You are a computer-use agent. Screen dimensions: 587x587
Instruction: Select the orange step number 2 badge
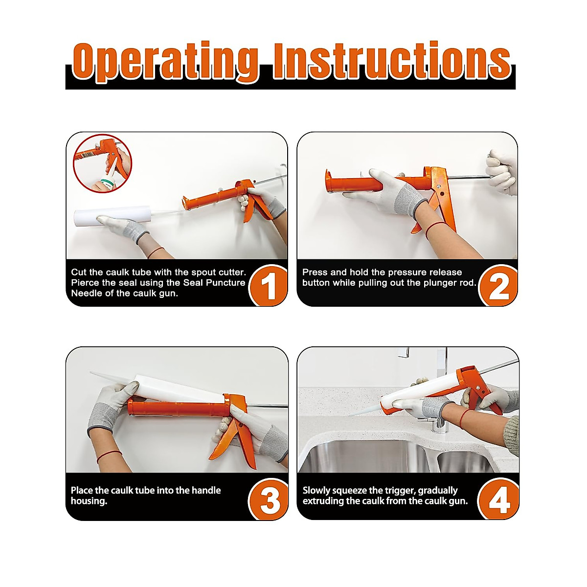[498, 285]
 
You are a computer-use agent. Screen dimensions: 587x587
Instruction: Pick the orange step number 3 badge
[269, 500]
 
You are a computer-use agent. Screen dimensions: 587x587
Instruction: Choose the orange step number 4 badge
[499, 500]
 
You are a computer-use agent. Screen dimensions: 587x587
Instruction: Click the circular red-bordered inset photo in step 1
[103, 163]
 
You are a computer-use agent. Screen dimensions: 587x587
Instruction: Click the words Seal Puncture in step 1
[214, 283]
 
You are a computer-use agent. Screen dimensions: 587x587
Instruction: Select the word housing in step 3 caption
[89, 501]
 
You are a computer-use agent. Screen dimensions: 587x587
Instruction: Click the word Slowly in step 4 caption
[316, 491]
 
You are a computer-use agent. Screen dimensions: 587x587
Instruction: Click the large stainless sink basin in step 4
[365, 457]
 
